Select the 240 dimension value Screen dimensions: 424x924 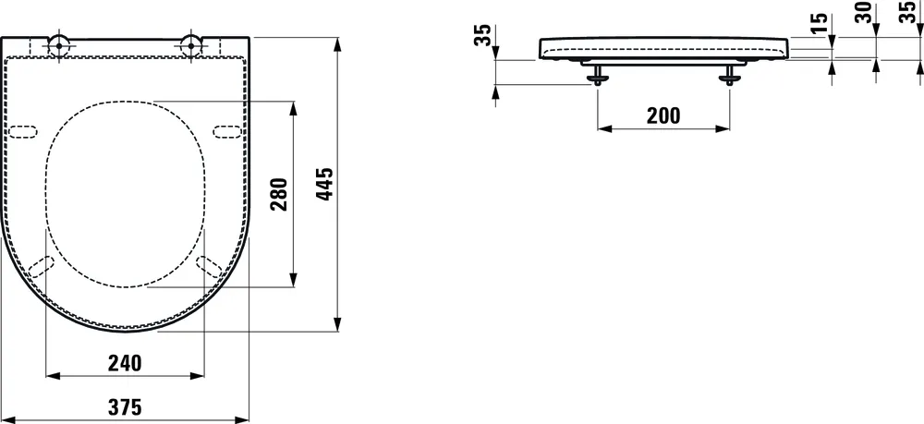point(125,363)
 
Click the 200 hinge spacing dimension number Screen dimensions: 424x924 point(663,115)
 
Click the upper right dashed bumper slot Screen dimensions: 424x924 point(227,130)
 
